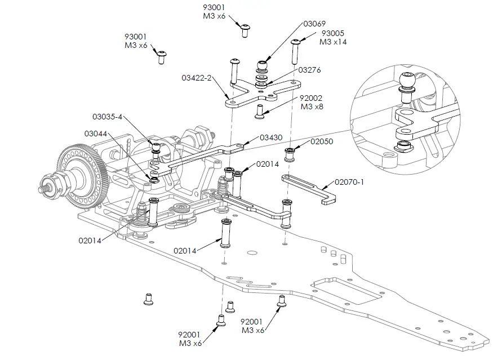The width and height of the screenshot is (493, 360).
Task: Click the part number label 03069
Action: click(x=314, y=24)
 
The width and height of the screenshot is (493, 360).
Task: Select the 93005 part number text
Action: click(x=332, y=33)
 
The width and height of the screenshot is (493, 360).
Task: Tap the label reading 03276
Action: click(x=309, y=70)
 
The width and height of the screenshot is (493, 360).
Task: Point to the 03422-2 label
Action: click(x=197, y=77)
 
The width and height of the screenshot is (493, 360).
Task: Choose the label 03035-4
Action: click(x=107, y=117)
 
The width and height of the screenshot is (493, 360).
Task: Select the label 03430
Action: click(x=271, y=137)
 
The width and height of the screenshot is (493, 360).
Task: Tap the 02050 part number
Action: click(x=321, y=142)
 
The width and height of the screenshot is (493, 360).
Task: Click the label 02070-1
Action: click(x=349, y=182)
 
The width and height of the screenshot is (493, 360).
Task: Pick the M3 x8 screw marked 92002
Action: click(x=260, y=110)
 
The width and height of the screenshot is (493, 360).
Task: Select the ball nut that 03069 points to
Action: click(x=262, y=64)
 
